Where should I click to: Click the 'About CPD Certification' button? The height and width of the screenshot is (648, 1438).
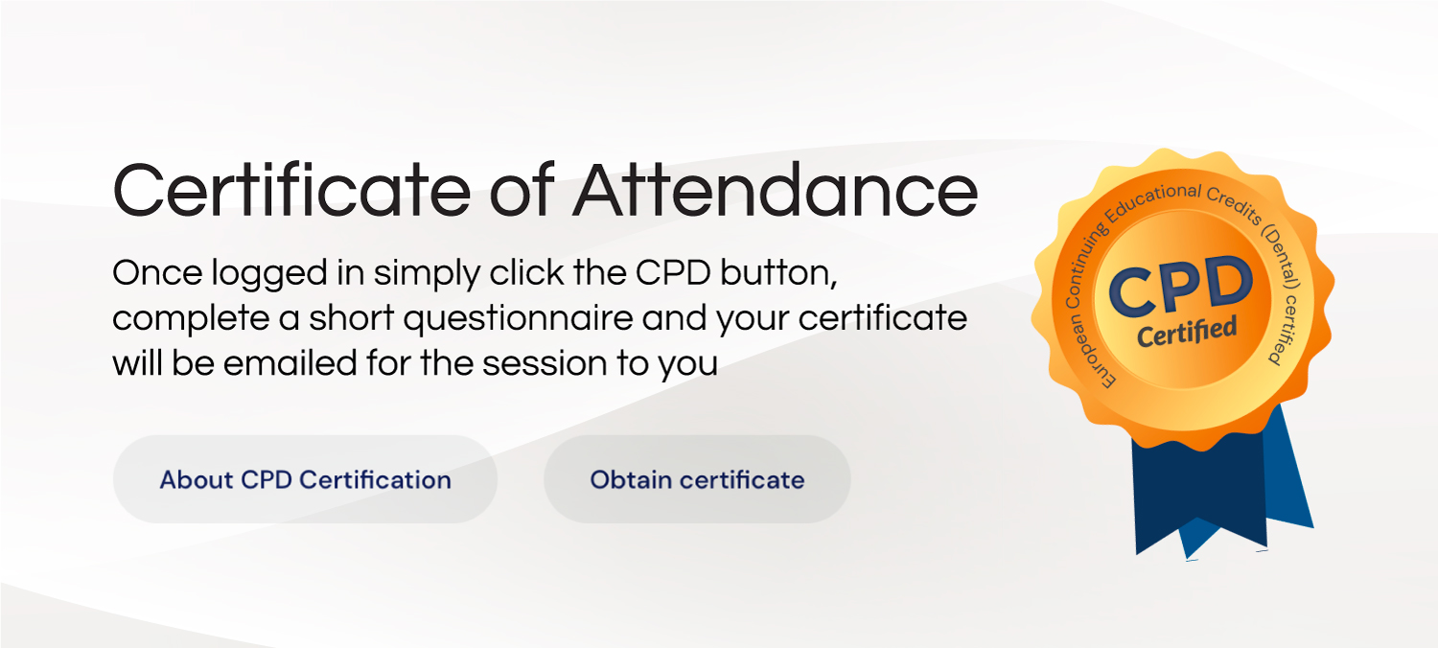(305, 479)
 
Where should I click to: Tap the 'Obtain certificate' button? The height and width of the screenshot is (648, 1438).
(697, 479)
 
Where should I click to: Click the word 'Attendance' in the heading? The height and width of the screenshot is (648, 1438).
(775, 191)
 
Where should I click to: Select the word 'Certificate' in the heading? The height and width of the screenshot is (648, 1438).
(292, 191)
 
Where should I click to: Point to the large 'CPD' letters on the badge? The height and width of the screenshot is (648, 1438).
(1180, 286)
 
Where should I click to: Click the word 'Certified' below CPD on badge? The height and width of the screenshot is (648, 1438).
(1187, 332)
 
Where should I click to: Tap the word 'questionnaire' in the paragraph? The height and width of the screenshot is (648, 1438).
(518, 319)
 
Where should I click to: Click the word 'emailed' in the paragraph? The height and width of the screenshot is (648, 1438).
(290, 363)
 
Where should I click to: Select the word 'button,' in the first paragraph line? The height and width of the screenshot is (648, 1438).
(778, 273)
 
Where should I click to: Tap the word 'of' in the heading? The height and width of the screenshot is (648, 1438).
(522, 191)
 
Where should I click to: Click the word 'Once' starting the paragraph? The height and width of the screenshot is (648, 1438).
(158, 273)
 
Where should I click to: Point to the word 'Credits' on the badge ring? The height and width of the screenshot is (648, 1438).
(1234, 204)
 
